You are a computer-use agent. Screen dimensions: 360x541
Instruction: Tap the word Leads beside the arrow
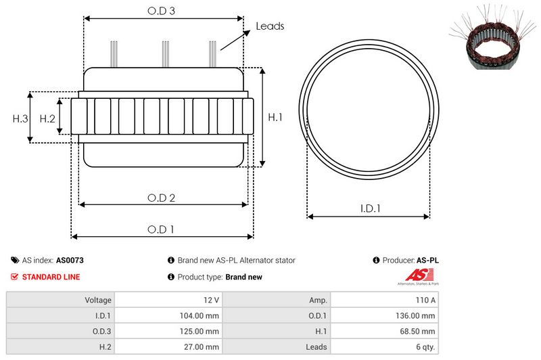(x=270, y=26)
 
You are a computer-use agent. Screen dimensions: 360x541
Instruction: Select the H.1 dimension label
(x=275, y=117)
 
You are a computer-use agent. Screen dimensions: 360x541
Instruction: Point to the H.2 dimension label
(x=47, y=118)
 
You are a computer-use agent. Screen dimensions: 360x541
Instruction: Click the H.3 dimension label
(x=20, y=118)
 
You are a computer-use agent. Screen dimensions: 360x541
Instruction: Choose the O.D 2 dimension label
(x=162, y=198)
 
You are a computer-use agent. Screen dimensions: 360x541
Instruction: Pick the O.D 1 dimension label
(x=161, y=229)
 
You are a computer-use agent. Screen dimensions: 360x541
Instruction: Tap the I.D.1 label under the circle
(x=369, y=209)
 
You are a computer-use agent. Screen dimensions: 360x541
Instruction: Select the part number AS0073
(x=70, y=260)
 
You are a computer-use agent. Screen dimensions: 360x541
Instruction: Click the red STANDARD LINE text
(x=51, y=277)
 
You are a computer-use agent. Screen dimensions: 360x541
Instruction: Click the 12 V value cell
(x=210, y=300)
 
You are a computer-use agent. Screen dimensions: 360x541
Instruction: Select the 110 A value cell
(x=425, y=300)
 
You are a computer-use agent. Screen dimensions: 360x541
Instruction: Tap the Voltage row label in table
(x=98, y=300)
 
